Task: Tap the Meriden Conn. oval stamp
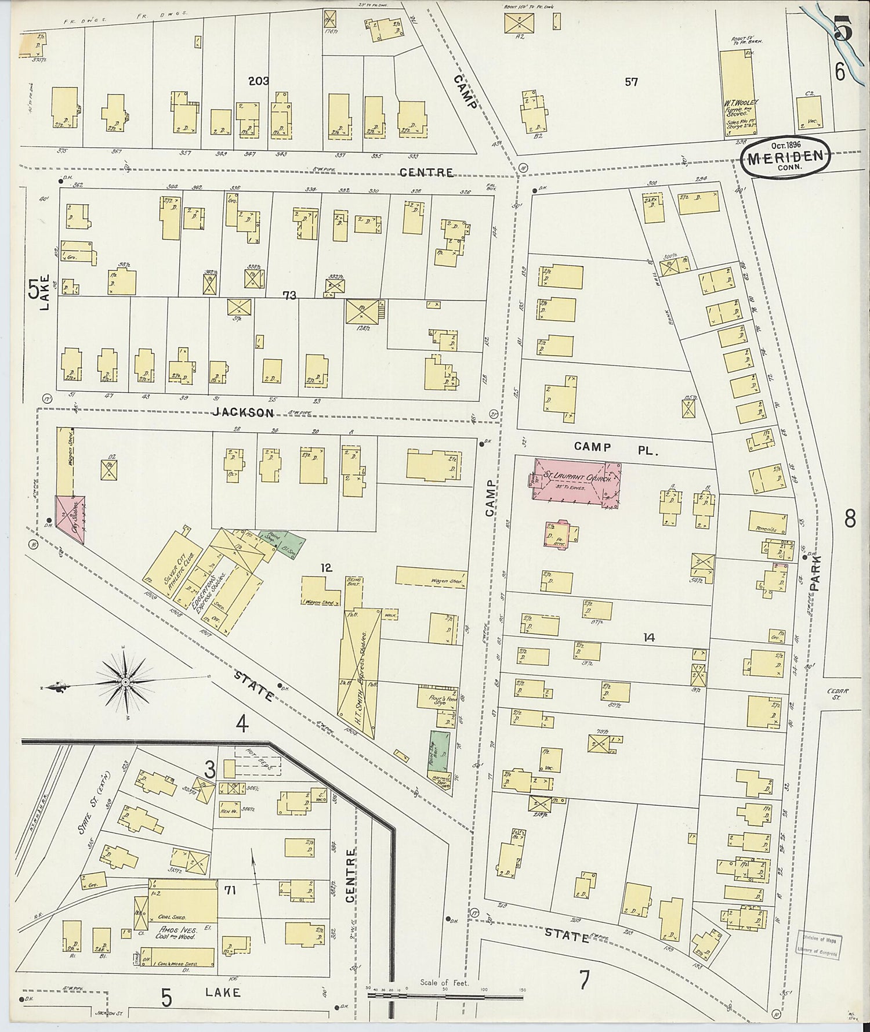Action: [x=785, y=155]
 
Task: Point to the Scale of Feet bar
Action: [x=445, y=997]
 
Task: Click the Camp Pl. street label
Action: [x=615, y=447]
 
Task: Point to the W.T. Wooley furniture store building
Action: [x=736, y=93]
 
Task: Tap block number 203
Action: [x=258, y=81]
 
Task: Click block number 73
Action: [x=289, y=296]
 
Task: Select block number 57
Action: [x=631, y=82]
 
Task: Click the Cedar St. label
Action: [x=839, y=694]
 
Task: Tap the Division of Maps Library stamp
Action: [x=818, y=944]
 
